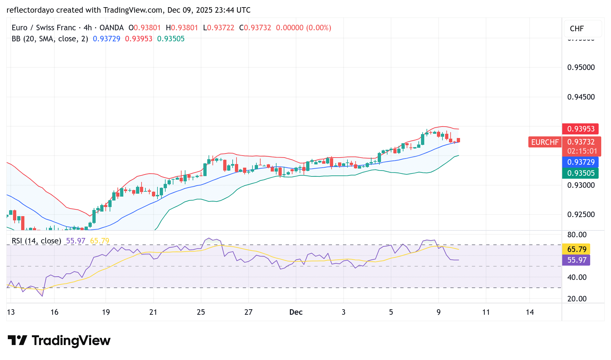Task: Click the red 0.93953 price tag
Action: [x=580, y=129]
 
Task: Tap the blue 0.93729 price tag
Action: [x=580, y=162]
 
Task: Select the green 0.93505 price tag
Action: [x=580, y=173]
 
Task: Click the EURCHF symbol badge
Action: [x=545, y=142]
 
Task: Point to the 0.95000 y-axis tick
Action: [x=581, y=67]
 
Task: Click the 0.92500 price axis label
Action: [x=581, y=215]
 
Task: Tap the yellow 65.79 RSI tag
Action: [x=577, y=249]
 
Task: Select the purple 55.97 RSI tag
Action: [x=577, y=260]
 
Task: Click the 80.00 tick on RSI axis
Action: [x=577, y=235]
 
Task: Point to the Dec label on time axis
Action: [x=296, y=312]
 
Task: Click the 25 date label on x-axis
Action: [x=201, y=312]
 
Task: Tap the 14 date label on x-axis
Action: [x=530, y=312]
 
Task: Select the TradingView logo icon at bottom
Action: [x=17, y=340]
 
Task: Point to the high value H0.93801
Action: [x=182, y=28]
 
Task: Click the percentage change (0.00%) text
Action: [x=319, y=28]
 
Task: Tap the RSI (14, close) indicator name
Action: [x=36, y=241]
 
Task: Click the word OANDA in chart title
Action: [x=111, y=28]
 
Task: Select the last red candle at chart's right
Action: [x=458, y=140]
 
